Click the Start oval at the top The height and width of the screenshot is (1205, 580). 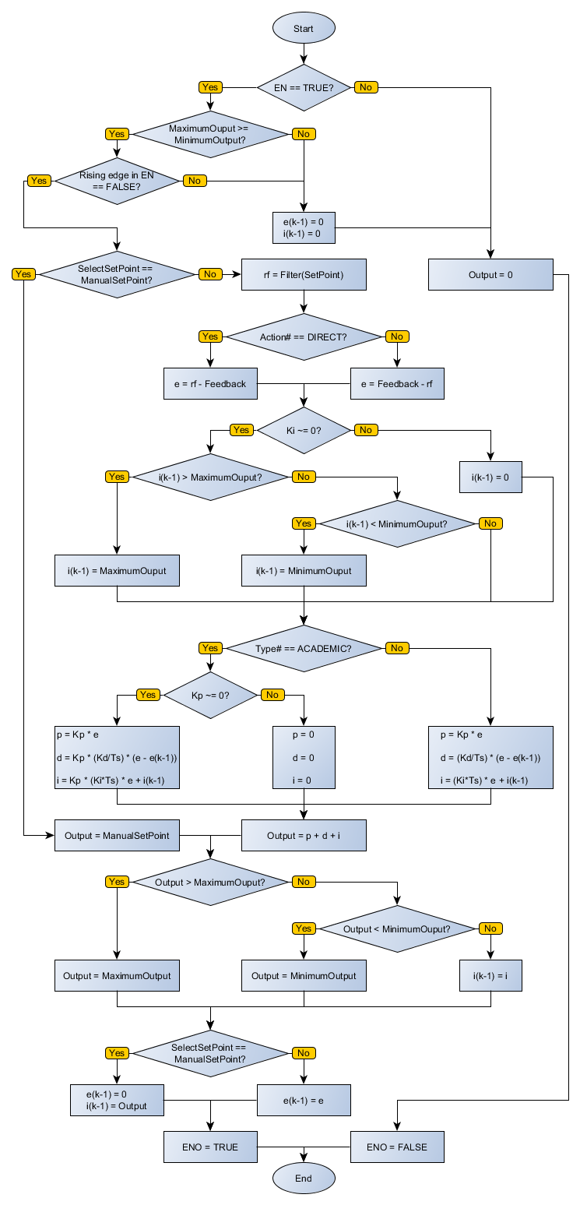click(304, 28)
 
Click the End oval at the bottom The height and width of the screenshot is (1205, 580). click(304, 1178)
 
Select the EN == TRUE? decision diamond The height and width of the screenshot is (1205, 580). click(304, 87)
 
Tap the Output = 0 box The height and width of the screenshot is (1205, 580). click(490, 274)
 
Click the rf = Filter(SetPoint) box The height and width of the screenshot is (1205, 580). click(304, 274)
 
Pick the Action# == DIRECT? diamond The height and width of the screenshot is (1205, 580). click(304, 336)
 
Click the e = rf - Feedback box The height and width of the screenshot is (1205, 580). click(210, 383)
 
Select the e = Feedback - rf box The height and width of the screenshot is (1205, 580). click(397, 383)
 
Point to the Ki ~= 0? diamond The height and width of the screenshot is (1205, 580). click(304, 430)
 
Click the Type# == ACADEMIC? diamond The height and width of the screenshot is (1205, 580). click(304, 648)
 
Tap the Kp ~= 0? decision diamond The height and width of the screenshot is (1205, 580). click(210, 695)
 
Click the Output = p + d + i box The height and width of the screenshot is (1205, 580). click(304, 835)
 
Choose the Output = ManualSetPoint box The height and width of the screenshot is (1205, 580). click(117, 835)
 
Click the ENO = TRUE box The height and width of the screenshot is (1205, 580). click(210, 1147)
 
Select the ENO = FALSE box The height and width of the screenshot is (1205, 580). click(397, 1147)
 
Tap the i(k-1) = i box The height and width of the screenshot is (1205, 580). click(490, 975)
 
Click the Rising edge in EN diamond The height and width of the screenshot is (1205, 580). click(117, 181)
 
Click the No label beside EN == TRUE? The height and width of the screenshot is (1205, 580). click(365, 87)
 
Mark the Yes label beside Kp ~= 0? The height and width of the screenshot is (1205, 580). click(147, 695)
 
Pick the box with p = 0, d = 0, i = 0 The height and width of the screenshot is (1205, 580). click(304, 757)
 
